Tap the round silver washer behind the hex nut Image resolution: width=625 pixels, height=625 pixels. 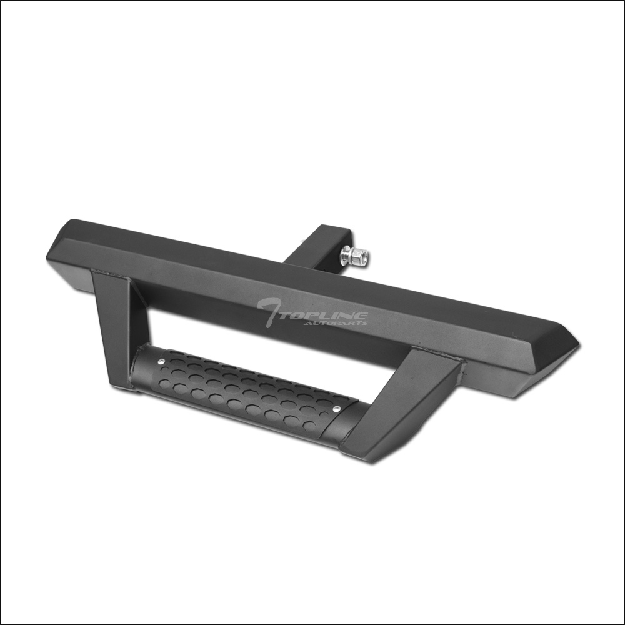345,254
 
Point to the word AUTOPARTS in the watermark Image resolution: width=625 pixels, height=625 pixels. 336,322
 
